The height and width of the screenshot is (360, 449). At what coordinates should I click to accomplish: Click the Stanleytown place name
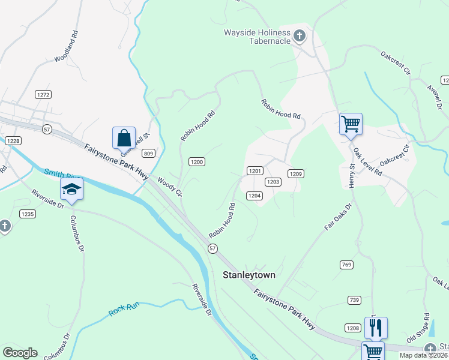[x=249, y=275]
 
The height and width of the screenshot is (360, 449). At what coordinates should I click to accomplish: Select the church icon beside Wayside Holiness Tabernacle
[x=300, y=37]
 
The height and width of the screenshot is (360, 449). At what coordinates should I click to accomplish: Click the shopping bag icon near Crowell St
[x=124, y=138]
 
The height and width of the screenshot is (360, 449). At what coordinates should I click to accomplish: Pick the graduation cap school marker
[x=71, y=189]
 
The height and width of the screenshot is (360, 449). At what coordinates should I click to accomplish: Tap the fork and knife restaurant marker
[x=376, y=328]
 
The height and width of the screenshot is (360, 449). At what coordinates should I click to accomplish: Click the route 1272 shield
[x=43, y=95]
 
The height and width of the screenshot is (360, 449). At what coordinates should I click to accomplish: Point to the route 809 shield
[x=149, y=154]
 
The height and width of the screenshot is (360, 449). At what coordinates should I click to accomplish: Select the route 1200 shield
[x=197, y=162]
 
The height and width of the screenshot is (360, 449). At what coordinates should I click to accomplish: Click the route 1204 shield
[x=255, y=196]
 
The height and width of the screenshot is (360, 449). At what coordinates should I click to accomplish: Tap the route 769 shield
[x=345, y=265]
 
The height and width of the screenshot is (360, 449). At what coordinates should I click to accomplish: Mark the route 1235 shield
[x=27, y=214]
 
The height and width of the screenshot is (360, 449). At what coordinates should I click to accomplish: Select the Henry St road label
[x=353, y=175]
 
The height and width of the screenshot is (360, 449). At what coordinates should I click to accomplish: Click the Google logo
[x=20, y=353]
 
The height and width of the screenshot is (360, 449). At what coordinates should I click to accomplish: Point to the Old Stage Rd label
[x=418, y=328]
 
